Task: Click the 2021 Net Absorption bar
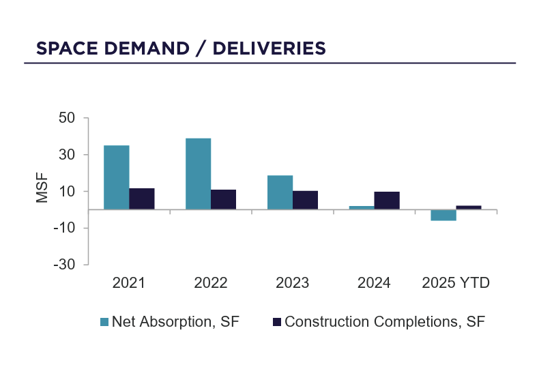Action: (117, 177)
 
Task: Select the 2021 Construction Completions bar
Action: (142, 199)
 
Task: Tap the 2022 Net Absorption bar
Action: (198, 174)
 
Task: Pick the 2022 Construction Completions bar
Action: (223, 199)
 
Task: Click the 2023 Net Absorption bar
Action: (280, 192)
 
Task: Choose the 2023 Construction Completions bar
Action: (305, 200)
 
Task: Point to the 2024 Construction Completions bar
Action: (387, 201)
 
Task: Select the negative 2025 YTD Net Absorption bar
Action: (443, 215)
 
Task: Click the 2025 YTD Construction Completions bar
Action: (469, 207)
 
